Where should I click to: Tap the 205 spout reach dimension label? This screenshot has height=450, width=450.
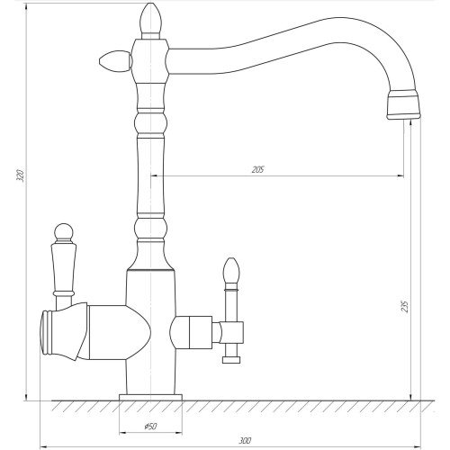coord(257,170)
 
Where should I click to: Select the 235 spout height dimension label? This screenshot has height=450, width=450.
coord(405,306)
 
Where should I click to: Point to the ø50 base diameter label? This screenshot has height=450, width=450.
coord(150,426)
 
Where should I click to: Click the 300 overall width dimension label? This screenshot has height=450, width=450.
coord(245,441)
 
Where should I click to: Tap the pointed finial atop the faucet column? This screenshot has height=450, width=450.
coord(150,18)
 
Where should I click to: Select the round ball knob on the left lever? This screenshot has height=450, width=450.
coord(64,232)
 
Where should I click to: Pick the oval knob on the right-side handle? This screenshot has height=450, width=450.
coord(231,271)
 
